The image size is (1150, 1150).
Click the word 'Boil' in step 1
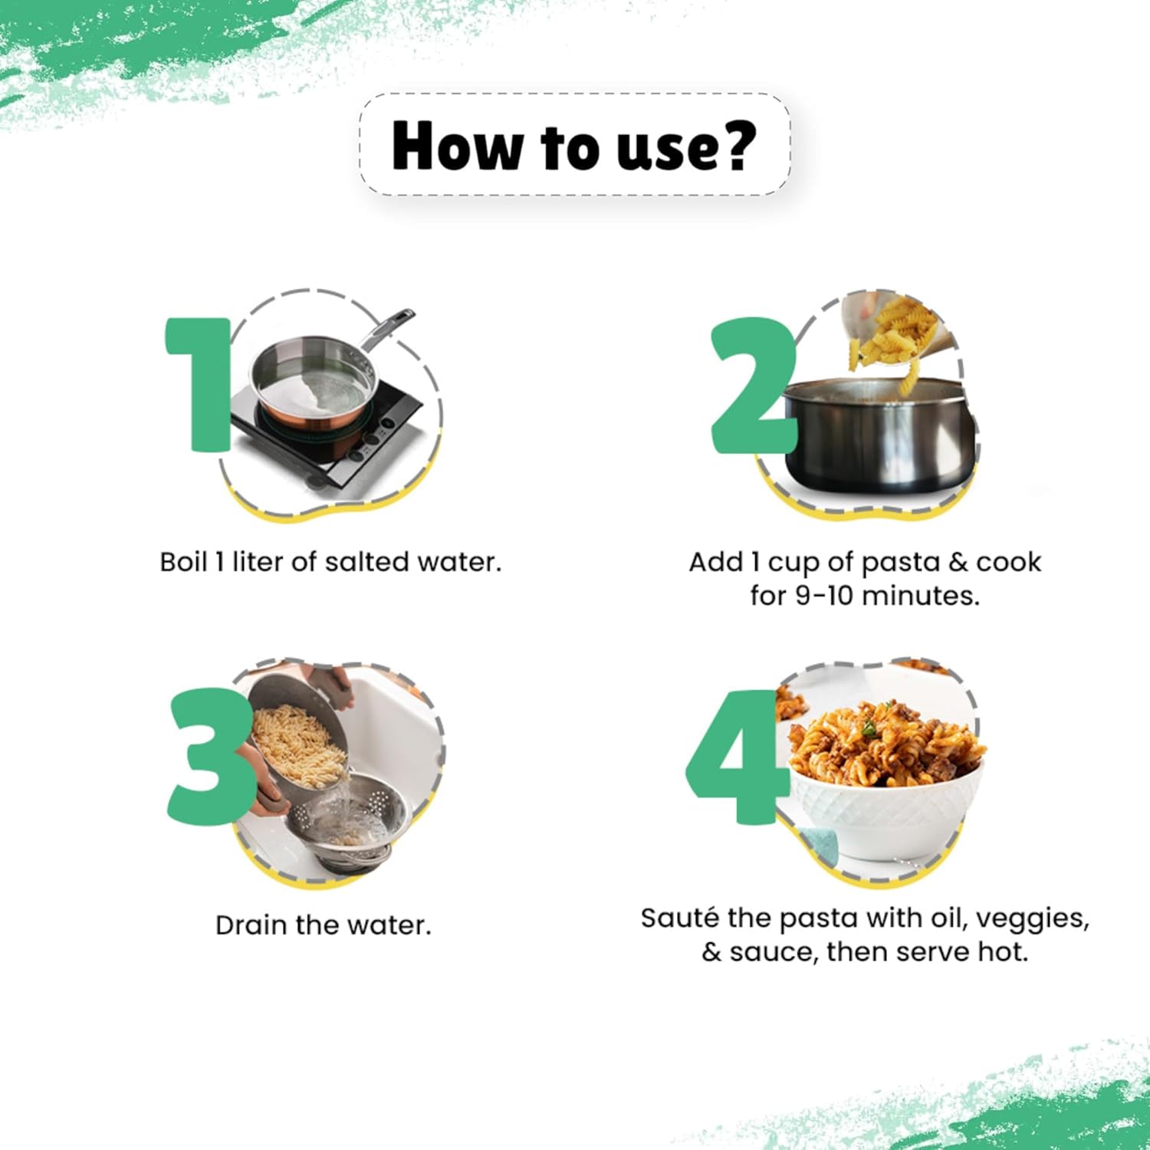182,562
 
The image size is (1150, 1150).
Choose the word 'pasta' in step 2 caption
901,563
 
